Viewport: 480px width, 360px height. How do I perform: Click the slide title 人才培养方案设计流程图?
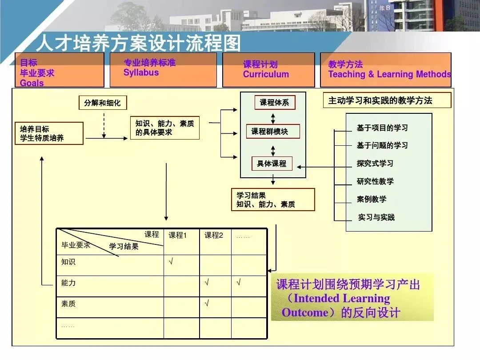click(138, 43)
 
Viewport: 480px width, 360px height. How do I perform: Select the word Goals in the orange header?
click(32, 83)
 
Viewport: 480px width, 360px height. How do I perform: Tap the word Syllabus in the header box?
click(141, 73)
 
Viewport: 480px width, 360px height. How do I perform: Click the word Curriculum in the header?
click(266, 75)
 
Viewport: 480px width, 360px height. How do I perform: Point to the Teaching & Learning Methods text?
click(389, 75)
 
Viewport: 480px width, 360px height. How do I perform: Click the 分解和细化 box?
click(102, 103)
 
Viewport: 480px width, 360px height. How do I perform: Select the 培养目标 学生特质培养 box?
click(49, 133)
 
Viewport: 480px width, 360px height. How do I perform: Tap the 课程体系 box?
click(274, 103)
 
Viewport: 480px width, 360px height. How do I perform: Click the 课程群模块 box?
click(273, 132)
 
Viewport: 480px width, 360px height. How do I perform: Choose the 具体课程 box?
click(272, 164)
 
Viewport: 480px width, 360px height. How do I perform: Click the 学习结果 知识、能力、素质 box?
click(272, 200)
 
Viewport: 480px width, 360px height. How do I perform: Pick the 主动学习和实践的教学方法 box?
click(386, 100)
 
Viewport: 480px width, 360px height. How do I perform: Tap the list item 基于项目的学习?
click(382, 128)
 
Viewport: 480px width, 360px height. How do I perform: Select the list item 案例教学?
click(372, 199)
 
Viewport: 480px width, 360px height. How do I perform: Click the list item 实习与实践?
click(376, 217)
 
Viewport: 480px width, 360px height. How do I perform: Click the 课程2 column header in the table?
click(214, 236)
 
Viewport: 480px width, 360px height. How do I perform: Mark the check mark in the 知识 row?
click(171, 262)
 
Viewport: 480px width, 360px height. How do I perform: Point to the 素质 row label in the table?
click(68, 304)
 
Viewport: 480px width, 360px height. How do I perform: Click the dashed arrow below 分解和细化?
click(104, 124)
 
